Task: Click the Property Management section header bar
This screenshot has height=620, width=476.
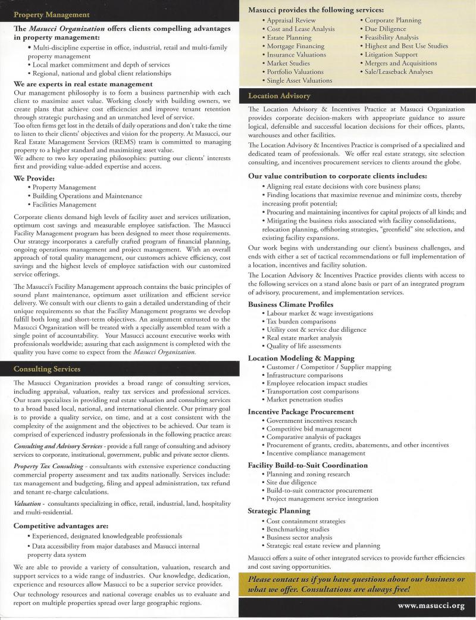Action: [x=119, y=14]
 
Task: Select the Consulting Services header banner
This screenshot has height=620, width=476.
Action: [x=119, y=369]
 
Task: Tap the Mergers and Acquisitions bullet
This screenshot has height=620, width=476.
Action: [x=400, y=63]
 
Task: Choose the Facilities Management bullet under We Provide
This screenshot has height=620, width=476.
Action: [x=64, y=204]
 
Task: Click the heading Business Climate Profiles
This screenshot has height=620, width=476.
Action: [x=290, y=304]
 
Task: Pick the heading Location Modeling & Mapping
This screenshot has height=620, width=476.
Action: [x=301, y=358]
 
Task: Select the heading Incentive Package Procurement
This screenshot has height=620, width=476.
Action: [x=300, y=412]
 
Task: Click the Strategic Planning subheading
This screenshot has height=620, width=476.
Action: [x=279, y=510]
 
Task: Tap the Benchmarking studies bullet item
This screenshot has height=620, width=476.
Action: [x=297, y=529]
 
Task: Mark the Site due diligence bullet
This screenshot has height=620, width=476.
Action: [x=292, y=482]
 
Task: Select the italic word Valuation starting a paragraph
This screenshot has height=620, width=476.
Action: [x=27, y=503]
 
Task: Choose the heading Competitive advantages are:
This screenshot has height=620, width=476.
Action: [x=61, y=526]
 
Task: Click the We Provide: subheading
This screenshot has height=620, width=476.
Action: [x=34, y=177]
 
